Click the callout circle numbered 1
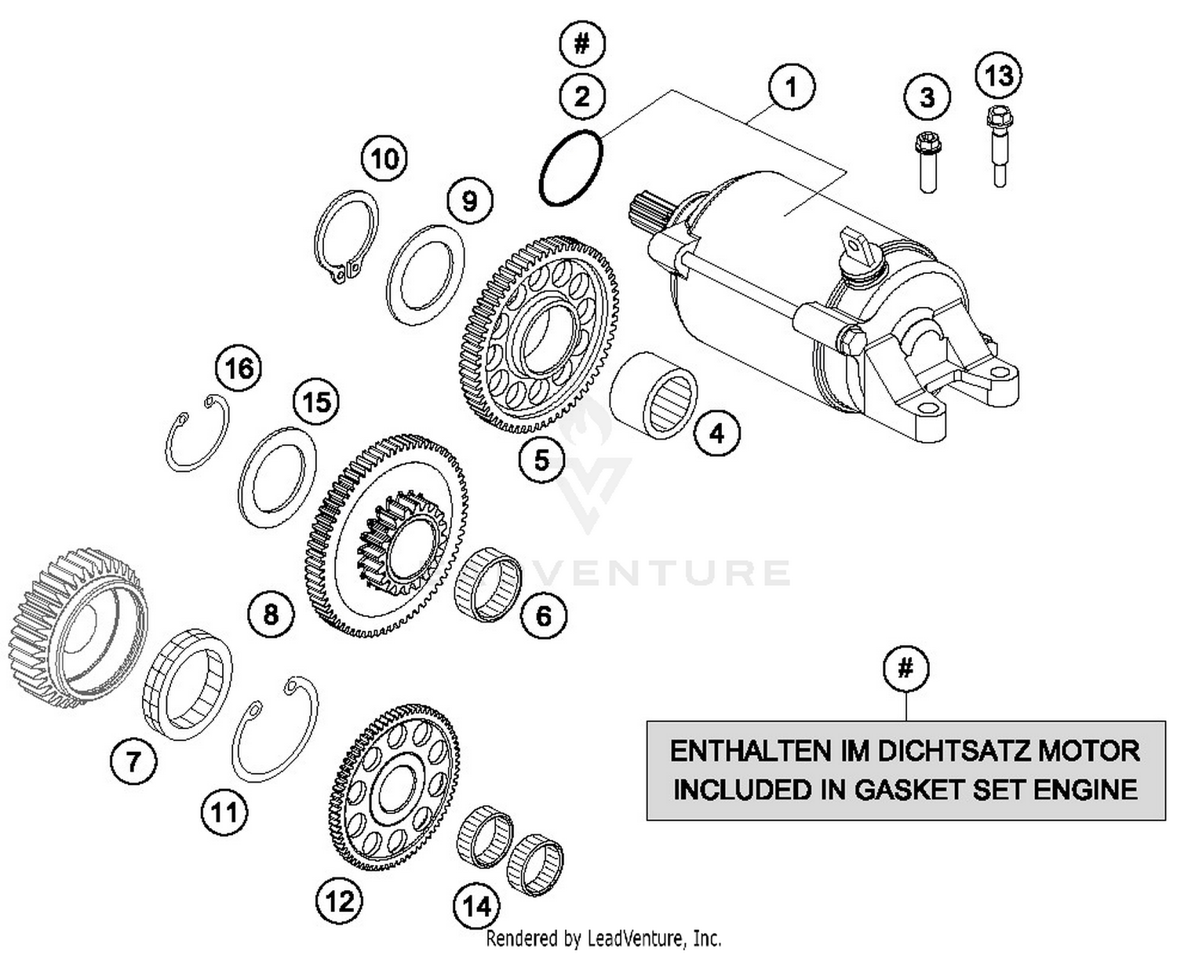click(791, 87)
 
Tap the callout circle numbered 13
click(999, 76)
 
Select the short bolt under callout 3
click(927, 162)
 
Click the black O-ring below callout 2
click(571, 169)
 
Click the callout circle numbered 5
click(542, 460)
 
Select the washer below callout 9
click(425, 275)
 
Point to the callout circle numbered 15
click(316, 403)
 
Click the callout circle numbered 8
click(271, 613)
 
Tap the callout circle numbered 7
click(133, 761)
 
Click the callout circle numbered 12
click(340, 900)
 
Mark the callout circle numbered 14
click(477, 907)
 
